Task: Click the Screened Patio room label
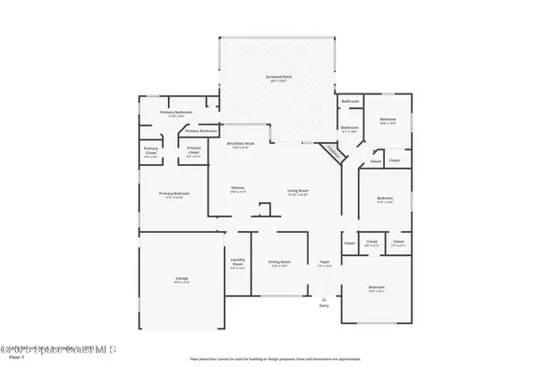(278, 78)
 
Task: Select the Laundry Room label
(238, 262)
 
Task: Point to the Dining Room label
(279, 262)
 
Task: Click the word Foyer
(323, 262)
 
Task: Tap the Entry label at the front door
(323, 306)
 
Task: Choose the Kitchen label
(237, 188)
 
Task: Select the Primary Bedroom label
(174, 194)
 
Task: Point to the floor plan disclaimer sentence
(275, 358)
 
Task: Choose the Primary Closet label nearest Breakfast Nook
(194, 151)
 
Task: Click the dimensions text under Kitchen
(237, 193)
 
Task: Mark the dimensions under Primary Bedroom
(174, 198)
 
